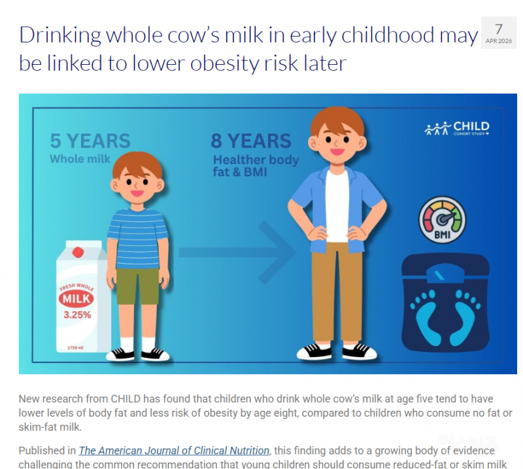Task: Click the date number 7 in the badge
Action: [499, 29]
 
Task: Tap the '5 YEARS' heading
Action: [90, 141]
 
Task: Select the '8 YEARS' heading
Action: [251, 141]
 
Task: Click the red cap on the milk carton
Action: [78, 252]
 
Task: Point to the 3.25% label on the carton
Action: [77, 315]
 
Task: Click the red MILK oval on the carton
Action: [76, 298]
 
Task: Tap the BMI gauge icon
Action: [443, 220]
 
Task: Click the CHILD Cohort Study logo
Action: [457, 128]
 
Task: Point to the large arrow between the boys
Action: [237, 252]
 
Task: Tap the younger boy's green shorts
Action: [137, 286]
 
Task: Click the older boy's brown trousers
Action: [337, 292]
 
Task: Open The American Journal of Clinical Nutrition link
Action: [174, 451]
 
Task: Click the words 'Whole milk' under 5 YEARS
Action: [80, 159]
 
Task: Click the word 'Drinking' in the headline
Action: [60, 35]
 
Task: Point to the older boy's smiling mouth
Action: [337, 152]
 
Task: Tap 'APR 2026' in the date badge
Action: [499, 41]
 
